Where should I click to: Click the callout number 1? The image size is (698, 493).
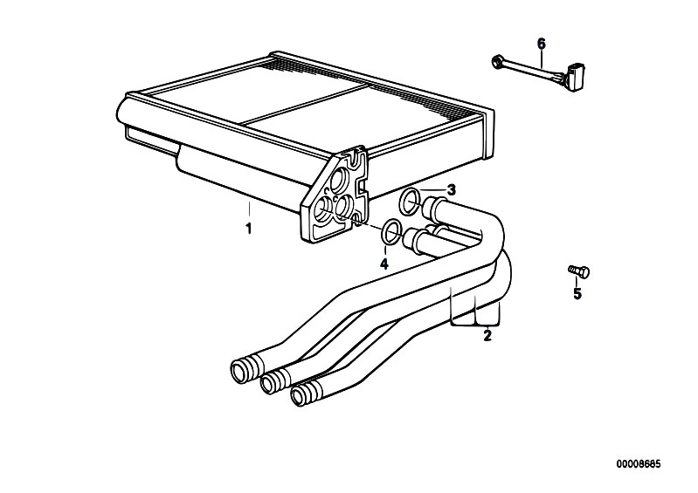[x=249, y=229]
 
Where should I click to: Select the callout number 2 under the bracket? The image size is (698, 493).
[x=487, y=335]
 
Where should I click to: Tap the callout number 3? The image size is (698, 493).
[x=452, y=190]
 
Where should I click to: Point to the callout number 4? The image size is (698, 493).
[x=384, y=264]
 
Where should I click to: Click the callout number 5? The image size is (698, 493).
[x=577, y=293]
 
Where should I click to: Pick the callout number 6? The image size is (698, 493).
[x=542, y=44]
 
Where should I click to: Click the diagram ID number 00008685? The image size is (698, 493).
[x=639, y=464]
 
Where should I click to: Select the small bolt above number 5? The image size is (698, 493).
[x=578, y=270]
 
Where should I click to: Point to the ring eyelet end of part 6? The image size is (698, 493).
[x=496, y=62]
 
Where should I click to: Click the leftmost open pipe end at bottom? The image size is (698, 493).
[x=240, y=371]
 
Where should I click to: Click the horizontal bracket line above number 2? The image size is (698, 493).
[x=476, y=325]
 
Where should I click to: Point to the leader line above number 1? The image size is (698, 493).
[x=249, y=211]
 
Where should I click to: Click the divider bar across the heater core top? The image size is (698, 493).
[x=305, y=105]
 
